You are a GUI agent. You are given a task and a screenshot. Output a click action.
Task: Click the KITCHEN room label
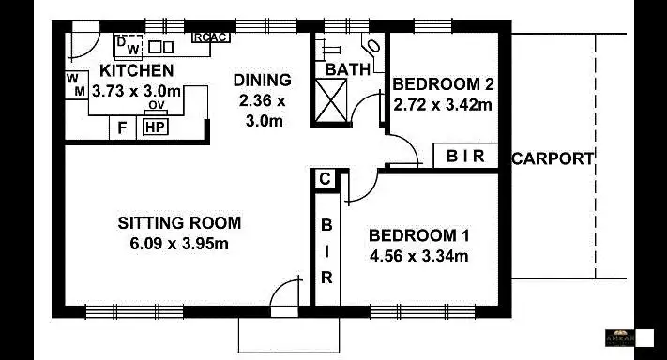(x=136, y=70)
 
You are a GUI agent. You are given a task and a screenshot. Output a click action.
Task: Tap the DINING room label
(x=262, y=81)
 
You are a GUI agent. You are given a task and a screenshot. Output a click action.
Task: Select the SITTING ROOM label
(x=179, y=223)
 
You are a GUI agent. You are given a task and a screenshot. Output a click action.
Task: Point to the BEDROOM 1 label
(x=418, y=235)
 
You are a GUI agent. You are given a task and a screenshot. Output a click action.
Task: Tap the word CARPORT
(x=553, y=158)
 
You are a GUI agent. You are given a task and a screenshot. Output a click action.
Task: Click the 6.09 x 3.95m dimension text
(x=179, y=244)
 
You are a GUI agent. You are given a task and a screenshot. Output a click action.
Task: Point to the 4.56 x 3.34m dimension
(x=418, y=255)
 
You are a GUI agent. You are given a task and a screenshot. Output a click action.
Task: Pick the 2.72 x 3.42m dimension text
(x=443, y=104)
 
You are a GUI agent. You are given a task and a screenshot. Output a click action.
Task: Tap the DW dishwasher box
(x=129, y=45)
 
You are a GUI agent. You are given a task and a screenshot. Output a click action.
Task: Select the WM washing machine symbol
(x=76, y=84)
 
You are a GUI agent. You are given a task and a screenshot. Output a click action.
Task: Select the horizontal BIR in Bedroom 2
(x=465, y=157)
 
